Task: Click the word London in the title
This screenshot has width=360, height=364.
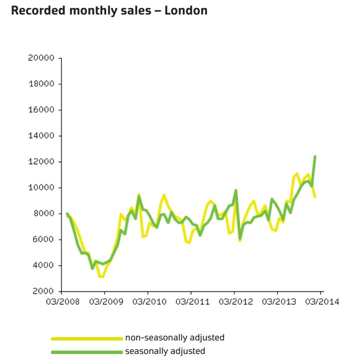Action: point(186,11)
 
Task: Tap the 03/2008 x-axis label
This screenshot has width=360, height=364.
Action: point(61,301)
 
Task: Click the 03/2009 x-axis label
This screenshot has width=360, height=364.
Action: point(104,301)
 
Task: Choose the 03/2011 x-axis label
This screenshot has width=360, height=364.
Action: point(191,301)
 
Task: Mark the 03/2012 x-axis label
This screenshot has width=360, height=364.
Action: point(234,301)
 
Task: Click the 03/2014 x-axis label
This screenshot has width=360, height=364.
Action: point(320,301)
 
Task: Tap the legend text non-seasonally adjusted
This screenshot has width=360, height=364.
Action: point(175,338)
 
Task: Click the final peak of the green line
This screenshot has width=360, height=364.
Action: point(315,157)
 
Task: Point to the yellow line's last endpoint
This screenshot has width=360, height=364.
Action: point(315,197)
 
